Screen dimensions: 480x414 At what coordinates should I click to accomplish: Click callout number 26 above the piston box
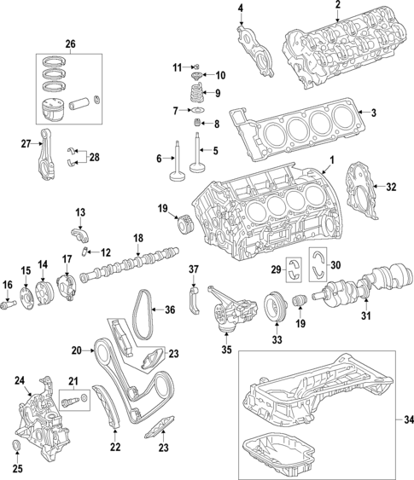(70, 43)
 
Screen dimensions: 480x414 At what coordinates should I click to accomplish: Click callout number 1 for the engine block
(332, 161)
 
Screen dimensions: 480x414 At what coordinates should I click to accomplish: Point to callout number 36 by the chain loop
(168, 310)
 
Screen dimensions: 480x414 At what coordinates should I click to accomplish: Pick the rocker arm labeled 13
(79, 231)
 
